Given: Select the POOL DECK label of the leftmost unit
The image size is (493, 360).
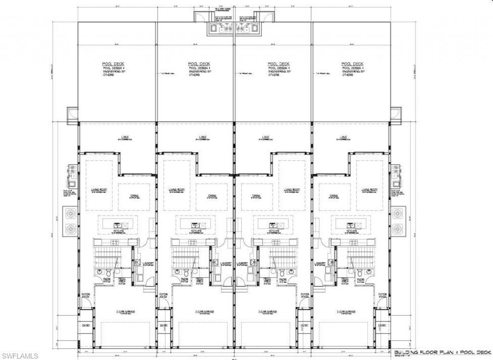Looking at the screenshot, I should [109, 64].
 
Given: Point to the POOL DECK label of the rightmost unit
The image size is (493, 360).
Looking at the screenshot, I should [352, 64].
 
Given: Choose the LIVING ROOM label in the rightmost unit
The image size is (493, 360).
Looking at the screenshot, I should [369, 190].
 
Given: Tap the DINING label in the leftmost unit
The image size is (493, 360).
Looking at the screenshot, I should [133, 196].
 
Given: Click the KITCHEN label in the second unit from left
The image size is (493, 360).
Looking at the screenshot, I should [196, 231].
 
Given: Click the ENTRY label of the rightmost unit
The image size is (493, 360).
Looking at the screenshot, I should [383, 326].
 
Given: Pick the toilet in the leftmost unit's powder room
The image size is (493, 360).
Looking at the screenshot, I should [106, 274].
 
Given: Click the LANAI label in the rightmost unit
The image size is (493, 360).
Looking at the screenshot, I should [343, 137].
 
